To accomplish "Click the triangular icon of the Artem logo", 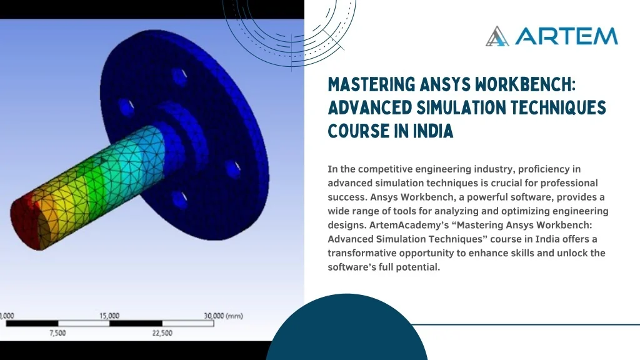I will (497, 36).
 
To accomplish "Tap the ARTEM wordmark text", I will (566, 36).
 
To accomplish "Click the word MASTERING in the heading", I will (363, 84).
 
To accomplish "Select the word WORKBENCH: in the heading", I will (525, 84).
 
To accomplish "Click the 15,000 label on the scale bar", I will (109, 316).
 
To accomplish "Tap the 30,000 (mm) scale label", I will (223, 316).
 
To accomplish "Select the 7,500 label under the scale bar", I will (57, 333).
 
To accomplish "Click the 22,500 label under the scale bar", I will (162, 333).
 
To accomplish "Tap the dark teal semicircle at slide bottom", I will (347, 331).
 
